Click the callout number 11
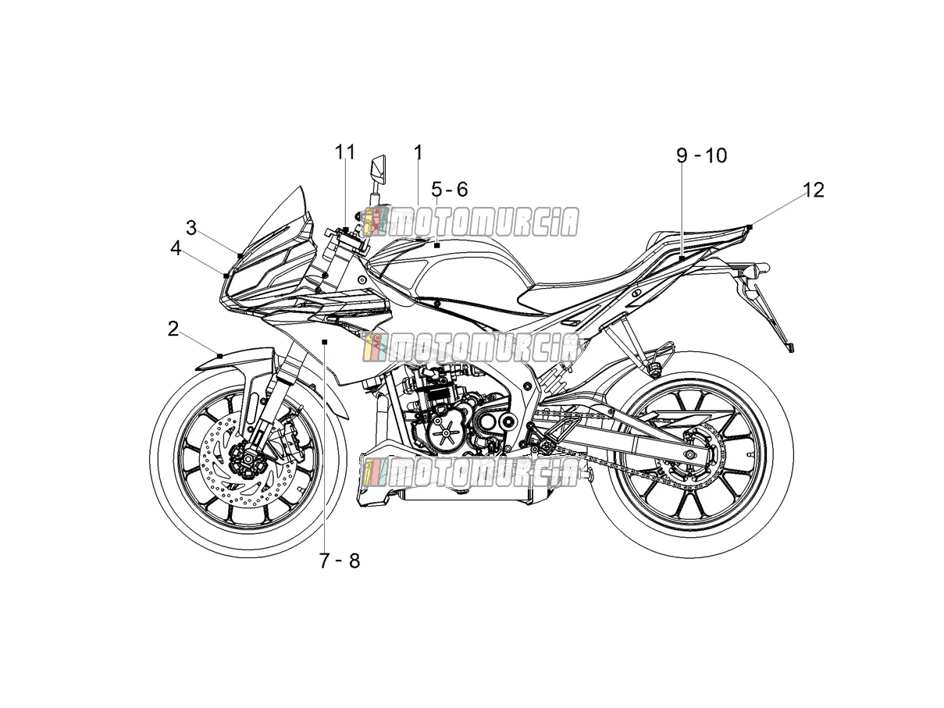point(345,152)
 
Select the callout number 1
point(418,152)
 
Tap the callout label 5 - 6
point(450,189)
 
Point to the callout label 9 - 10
point(701,155)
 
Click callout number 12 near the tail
point(814,190)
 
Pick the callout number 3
point(191,228)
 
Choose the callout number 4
point(176,248)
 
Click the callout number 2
point(173,329)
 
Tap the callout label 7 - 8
point(340,560)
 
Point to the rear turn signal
point(757,269)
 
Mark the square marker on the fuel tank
point(436,245)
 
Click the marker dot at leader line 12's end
point(750,226)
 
